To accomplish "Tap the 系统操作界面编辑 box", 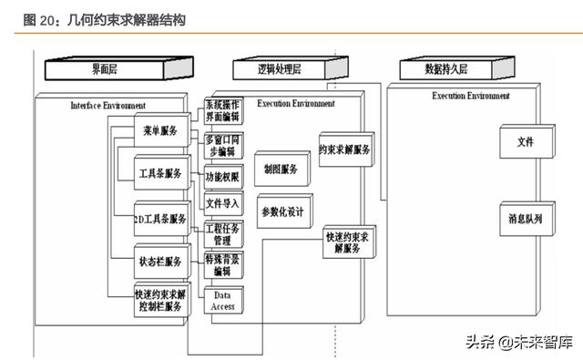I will click(223, 111).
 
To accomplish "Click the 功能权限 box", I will click(223, 177).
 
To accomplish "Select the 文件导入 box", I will click(223, 203).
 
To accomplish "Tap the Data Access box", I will click(223, 301).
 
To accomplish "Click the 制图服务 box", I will click(281, 170).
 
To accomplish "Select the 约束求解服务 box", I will click(345, 150).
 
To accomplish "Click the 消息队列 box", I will click(526, 220).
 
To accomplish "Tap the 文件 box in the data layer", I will click(526, 142).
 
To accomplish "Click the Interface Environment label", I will click(108, 105).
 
